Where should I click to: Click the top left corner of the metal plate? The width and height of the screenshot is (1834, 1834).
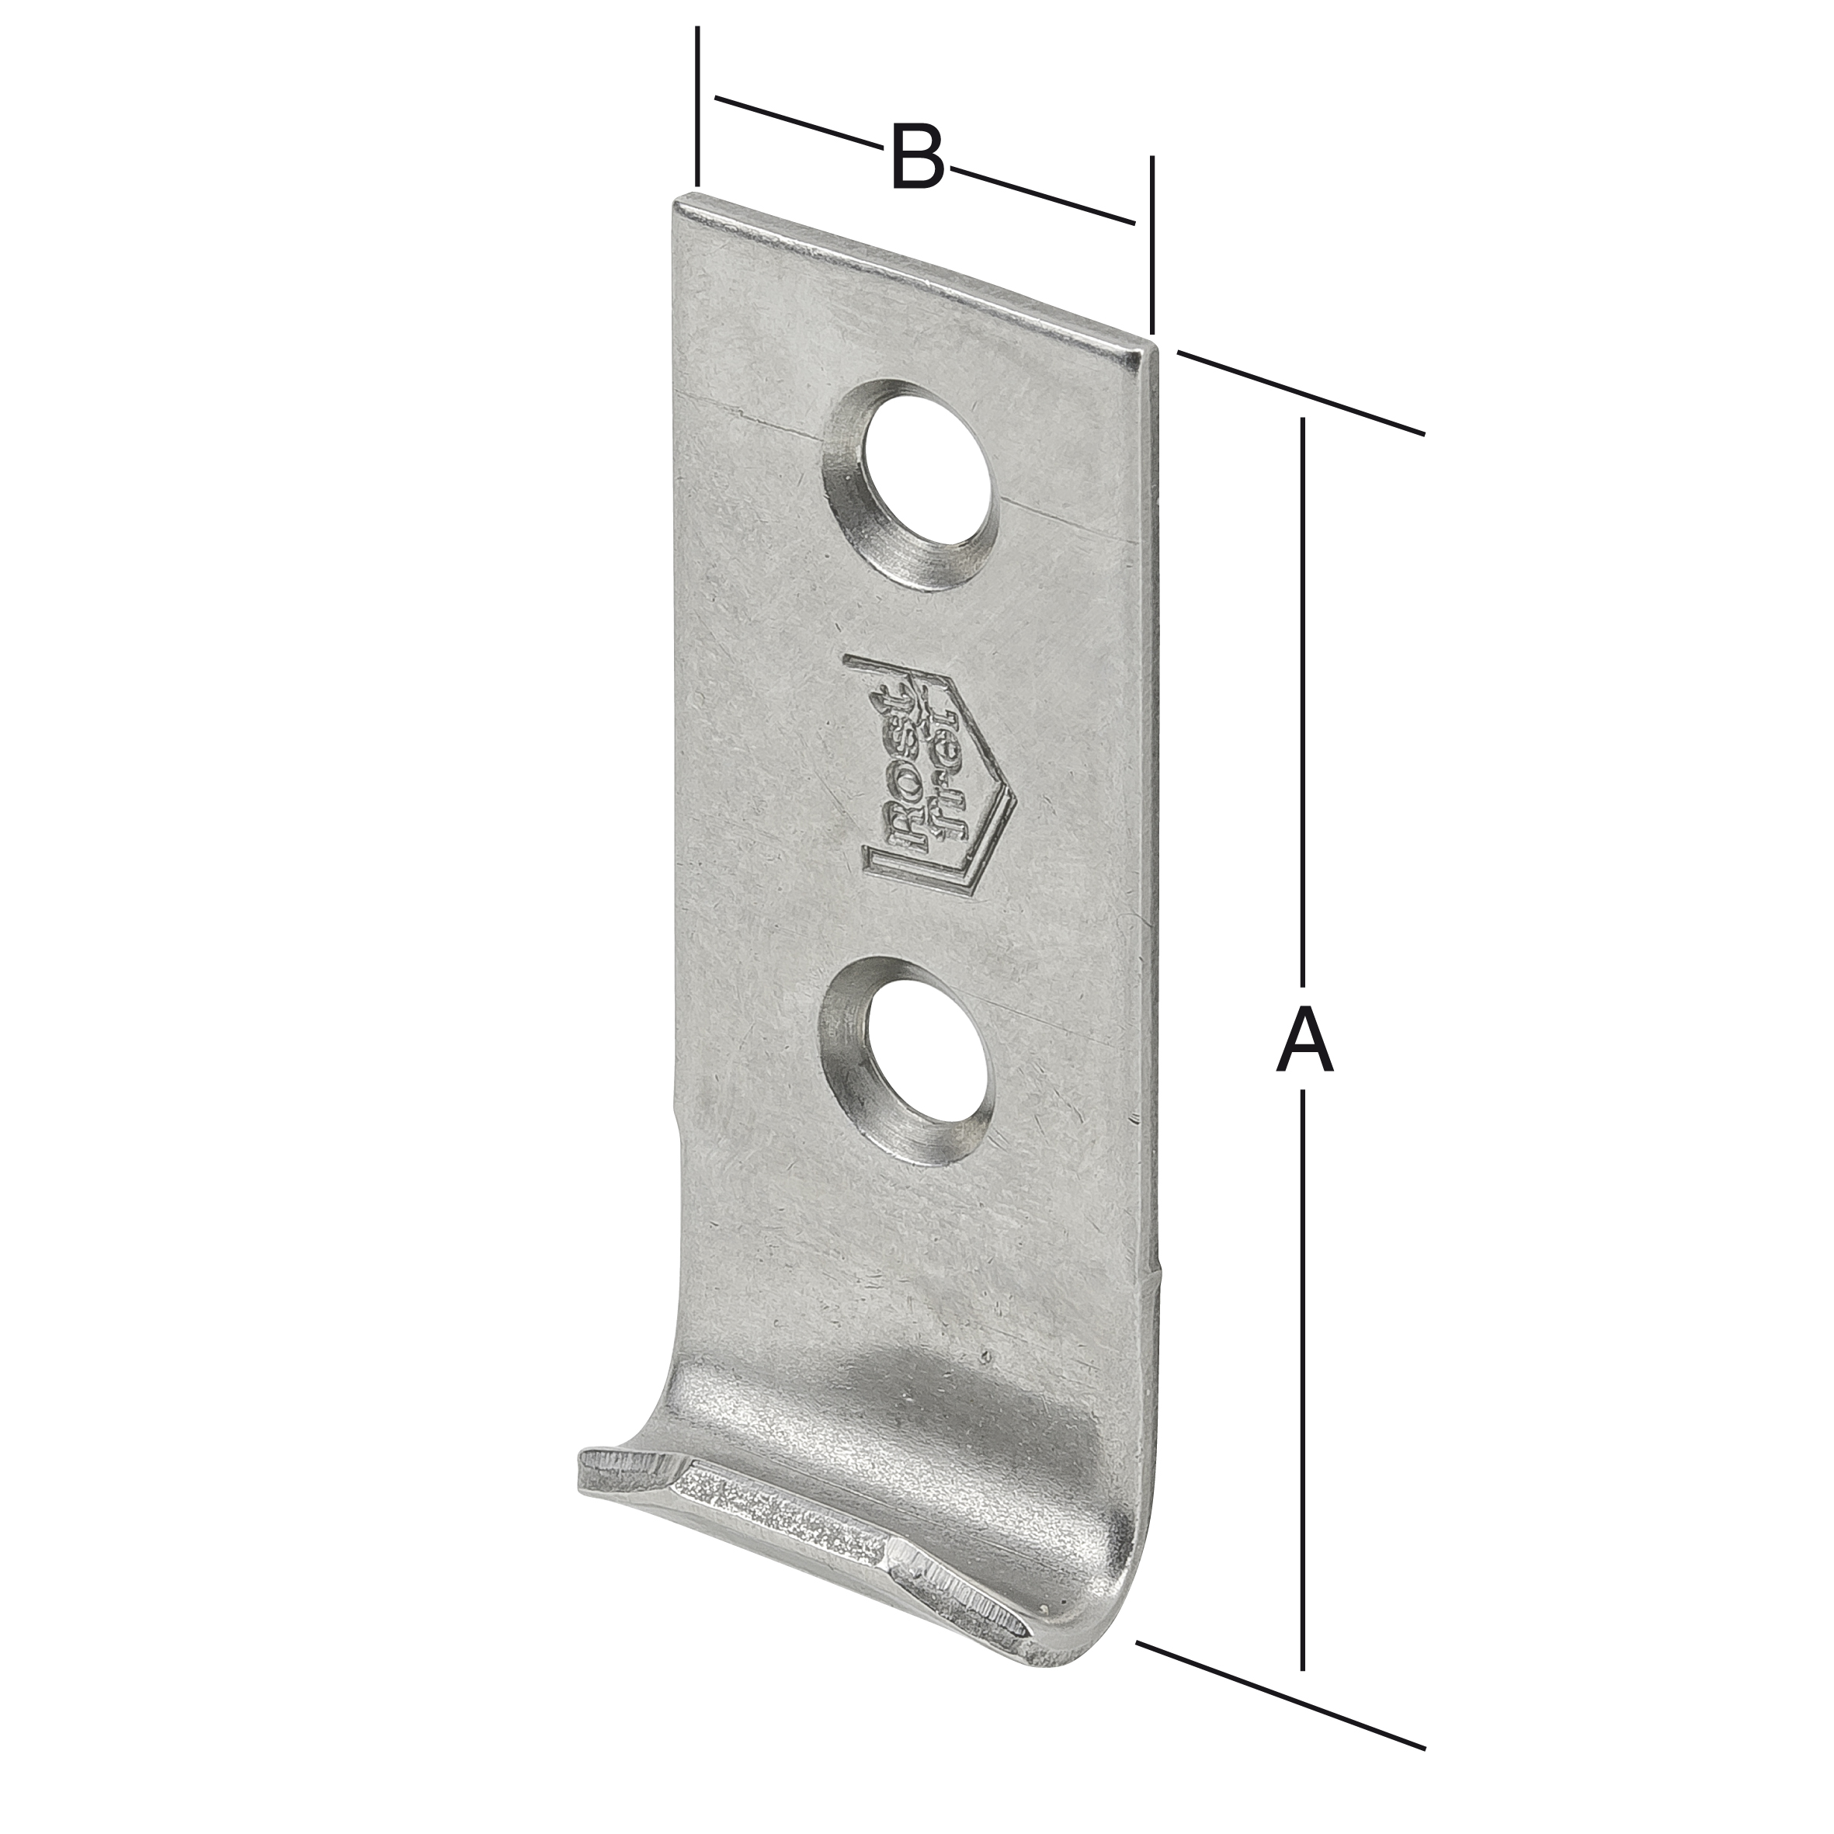coord(676,197)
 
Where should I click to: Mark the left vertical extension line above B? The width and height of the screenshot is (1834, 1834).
coord(698,106)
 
